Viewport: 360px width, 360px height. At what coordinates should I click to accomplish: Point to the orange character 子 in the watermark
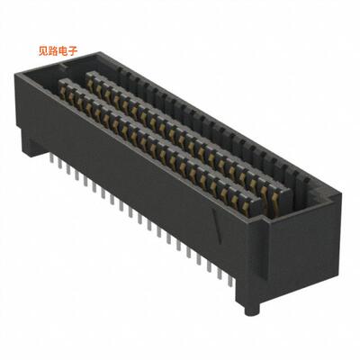click(76, 52)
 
